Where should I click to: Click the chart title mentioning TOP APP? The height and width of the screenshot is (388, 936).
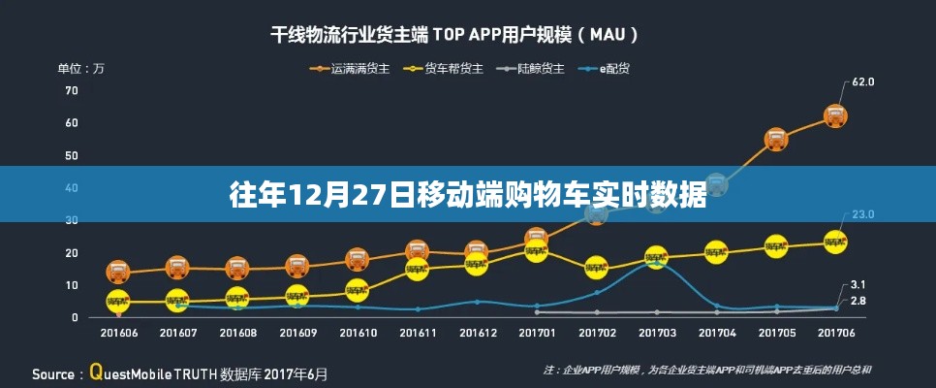[453, 35]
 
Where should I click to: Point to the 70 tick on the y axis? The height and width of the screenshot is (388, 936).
[71, 90]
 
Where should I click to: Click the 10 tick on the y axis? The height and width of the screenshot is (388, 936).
[71, 285]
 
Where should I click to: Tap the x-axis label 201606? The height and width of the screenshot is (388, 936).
[118, 333]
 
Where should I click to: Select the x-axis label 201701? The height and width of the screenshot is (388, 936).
[536, 333]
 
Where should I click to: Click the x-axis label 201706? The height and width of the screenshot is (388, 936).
[835, 333]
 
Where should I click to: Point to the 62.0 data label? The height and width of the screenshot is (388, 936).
[863, 82]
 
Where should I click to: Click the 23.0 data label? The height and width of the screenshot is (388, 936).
[863, 214]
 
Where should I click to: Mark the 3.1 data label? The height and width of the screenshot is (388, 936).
[858, 284]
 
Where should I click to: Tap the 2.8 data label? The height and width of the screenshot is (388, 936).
[858, 301]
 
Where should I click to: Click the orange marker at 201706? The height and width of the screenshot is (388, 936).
[835, 116]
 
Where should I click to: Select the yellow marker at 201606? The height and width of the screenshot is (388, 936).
[118, 302]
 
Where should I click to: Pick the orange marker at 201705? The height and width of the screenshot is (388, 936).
[775, 139]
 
